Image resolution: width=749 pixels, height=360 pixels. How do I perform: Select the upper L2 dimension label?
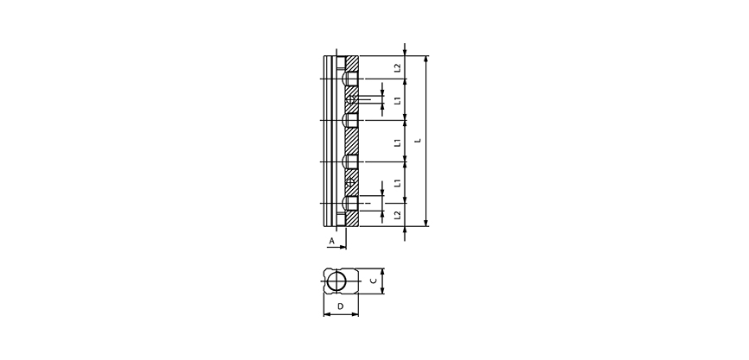[x=397, y=67]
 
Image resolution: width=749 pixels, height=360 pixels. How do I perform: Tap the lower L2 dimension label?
[x=397, y=213]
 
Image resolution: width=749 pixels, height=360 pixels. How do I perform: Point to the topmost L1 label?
[x=397, y=99]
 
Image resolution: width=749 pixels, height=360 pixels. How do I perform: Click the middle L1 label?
[x=397, y=141]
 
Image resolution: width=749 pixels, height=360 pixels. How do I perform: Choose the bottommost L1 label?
[x=397, y=183]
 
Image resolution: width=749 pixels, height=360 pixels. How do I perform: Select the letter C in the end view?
[x=373, y=281]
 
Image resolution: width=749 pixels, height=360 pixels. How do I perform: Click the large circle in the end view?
[x=340, y=281]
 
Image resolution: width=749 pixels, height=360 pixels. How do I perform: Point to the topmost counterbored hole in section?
[x=351, y=79]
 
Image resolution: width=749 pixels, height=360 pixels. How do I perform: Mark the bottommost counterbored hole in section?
[x=351, y=204]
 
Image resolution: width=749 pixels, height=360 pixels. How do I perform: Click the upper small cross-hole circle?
[x=352, y=100]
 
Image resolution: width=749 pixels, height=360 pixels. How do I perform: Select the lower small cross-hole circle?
[x=352, y=183]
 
